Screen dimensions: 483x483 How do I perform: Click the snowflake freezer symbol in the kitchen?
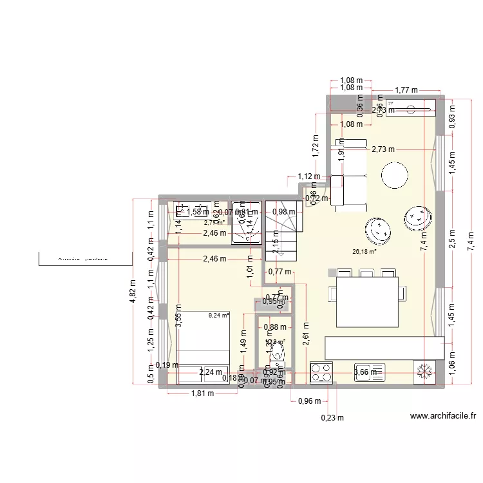coord(424,371)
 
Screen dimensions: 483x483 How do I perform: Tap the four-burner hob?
coord(322,372)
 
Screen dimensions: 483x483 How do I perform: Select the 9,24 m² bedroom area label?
coord(218,316)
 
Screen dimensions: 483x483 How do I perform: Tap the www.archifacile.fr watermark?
coord(443,417)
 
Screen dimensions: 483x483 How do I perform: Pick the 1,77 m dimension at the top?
coord(406,90)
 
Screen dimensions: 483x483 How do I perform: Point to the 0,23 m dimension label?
coord(333,417)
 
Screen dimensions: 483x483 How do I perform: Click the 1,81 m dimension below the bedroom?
coord(202,394)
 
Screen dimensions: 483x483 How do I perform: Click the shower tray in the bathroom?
coord(247,220)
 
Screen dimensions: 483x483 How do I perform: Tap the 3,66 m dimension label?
coord(368,372)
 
